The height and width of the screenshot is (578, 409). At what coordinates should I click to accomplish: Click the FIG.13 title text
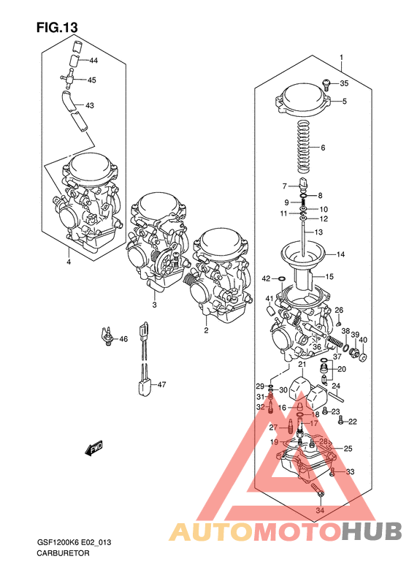56,27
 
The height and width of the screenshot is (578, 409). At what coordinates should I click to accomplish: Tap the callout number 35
344,83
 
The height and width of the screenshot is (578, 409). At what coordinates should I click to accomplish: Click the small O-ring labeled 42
280,278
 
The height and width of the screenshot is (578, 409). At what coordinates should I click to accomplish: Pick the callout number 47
161,384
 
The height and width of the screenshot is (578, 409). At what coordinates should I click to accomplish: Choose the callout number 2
206,330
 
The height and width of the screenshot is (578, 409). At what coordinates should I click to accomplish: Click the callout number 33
350,472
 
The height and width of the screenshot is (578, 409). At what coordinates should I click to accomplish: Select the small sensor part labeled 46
108,338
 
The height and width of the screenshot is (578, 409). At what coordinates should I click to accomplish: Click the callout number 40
363,340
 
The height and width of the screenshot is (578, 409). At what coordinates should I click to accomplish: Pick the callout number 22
351,422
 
